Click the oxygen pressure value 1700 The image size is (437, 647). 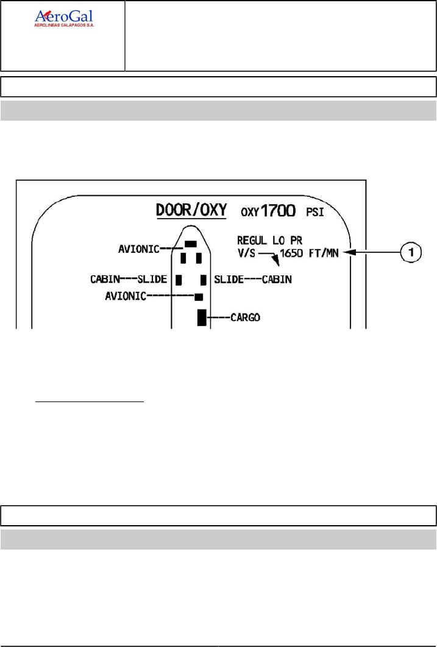[278, 211]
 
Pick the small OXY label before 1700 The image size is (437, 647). [250, 213]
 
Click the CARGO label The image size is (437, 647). [246, 317]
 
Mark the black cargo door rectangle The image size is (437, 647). [202, 317]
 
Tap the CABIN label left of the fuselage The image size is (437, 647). [105, 280]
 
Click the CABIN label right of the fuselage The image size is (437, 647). [277, 280]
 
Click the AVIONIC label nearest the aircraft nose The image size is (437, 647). [139, 249]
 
